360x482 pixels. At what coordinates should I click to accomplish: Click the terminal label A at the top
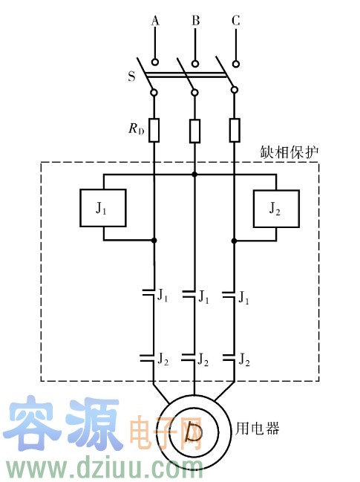pyautogui.click(x=155, y=21)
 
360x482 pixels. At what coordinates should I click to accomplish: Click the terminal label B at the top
pyautogui.click(x=195, y=21)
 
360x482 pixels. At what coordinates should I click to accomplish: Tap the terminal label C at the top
pyautogui.click(x=236, y=21)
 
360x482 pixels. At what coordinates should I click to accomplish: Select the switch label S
pyautogui.click(x=131, y=76)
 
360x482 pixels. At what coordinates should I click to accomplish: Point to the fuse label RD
pyautogui.click(x=136, y=128)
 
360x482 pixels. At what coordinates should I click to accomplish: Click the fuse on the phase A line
pyautogui.click(x=154, y=130)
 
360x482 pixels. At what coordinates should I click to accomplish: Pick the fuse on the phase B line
pyautogui.click(x=194, y=131)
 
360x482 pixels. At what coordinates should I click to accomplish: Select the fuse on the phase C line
pyautogui.click(x=235, y=130)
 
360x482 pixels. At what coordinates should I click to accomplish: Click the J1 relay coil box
pyautogui.click(x=103, y=208)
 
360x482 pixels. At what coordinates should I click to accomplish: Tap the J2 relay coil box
pyautogui.click(x=276, y=209)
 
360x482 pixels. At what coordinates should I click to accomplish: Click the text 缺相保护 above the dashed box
pyautogui.click(x=289, y=152)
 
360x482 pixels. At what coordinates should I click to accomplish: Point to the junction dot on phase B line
pyautogui.click(x=194, y=175)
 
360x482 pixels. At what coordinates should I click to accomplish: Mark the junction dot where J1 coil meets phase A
pyautogui.click(x=154, y=240)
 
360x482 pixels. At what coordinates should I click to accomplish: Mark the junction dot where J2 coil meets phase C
pyautogui.click(x=234, y=241)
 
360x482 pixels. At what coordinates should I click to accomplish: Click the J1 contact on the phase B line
pyautogui.click(x=189, y=294)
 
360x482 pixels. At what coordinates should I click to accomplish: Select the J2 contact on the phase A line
pyautogui.click(x=147, y=357)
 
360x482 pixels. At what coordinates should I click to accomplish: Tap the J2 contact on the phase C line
pyautogui.click(x=229, y=357)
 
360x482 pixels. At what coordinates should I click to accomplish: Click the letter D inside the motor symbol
pyautogui.click(x=194, y=432)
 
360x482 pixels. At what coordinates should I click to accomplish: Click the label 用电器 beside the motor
pyautogui.click(x=258, y=429)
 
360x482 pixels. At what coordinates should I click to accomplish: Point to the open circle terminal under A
pyautogui.click(x=155, y=62)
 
